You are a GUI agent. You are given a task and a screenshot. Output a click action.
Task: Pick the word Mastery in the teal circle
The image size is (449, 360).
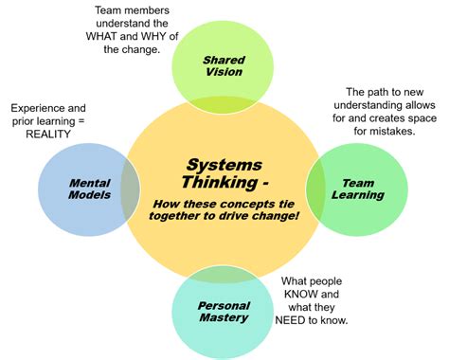click(x=224, y=318)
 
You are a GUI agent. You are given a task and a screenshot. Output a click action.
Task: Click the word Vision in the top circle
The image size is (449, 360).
click(x=224, y=73)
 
